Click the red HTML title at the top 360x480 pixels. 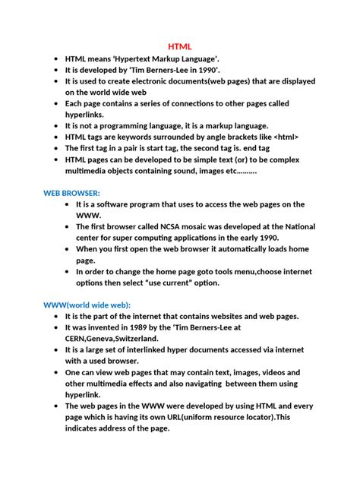pyautogui.click(x=179, y=46)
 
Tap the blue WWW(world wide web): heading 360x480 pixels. pyautogui.click(x=81, y=305)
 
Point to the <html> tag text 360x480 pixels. pyautogui.click(x=283, y=137)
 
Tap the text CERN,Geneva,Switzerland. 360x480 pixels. pyautogui.click(x=111, y=338)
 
